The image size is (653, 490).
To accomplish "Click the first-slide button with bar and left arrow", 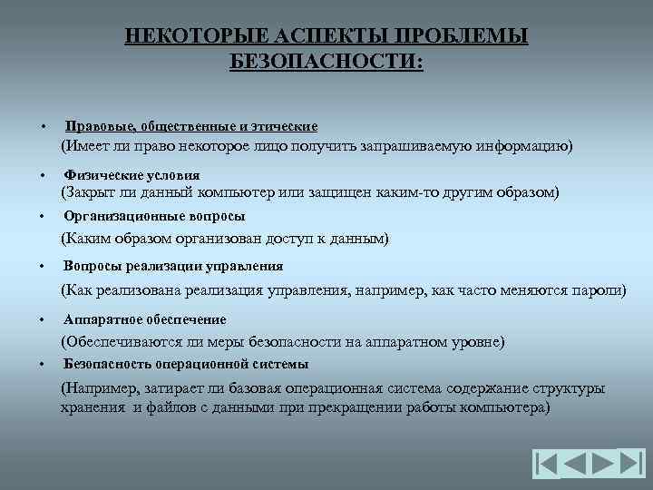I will [x=547, y=464].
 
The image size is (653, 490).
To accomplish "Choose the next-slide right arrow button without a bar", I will [x=603, y=464].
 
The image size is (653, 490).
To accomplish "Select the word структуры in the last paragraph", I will [x=569, y=389].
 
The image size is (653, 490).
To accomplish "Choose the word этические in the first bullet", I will [x=284, y=126].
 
